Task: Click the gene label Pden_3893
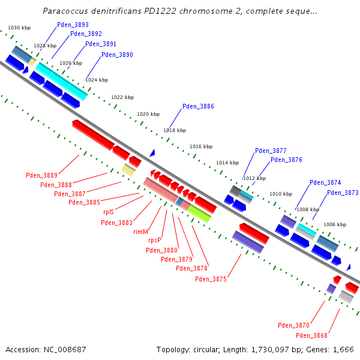click(x=73, y=25)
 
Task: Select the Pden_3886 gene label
click(x=198, y=106)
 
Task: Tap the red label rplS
click(x=109, y=212)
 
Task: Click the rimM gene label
click(x=140, y=231)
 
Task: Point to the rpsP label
click(x=155, y=240)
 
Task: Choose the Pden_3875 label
click(x=211, y=279)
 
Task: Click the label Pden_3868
click(x=311, y=335)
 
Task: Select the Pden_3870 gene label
click(x=293, y=325)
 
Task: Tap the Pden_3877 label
click(x=271, y=151)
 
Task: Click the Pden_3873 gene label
click(x=343, y=193)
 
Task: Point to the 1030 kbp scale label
click(x=19, y=28)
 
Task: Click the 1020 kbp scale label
click(x=148, y=114)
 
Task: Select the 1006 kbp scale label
click(x=335, y=224)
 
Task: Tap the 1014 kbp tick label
click(x=227, y=163)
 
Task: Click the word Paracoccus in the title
click(x=65, y=11)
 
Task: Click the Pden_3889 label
click(x=41, y=175)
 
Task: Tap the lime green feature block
click(x=199, y=214)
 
